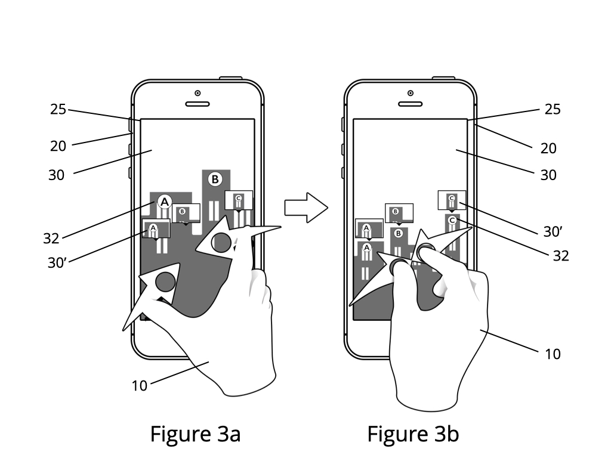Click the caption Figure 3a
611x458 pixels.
195,434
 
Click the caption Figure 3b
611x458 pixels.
413,434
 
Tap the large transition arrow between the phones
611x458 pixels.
306,208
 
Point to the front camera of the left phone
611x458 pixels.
198,93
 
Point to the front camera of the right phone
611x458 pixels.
411,93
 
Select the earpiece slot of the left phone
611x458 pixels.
197,104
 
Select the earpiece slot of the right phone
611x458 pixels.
410,104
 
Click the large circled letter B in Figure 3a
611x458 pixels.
215,180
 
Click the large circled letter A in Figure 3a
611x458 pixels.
165,202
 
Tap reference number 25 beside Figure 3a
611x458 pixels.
58,110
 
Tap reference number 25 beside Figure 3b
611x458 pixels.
553,110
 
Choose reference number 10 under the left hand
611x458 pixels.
140,386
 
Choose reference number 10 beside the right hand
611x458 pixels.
553,354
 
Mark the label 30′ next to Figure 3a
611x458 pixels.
57,263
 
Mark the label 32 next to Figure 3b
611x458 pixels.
561,256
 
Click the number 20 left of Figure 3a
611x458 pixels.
58,147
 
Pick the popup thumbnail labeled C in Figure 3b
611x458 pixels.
452,200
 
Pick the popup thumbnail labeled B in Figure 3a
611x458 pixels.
186,213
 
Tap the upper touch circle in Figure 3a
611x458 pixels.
221,242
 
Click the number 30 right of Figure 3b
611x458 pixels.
548,175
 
